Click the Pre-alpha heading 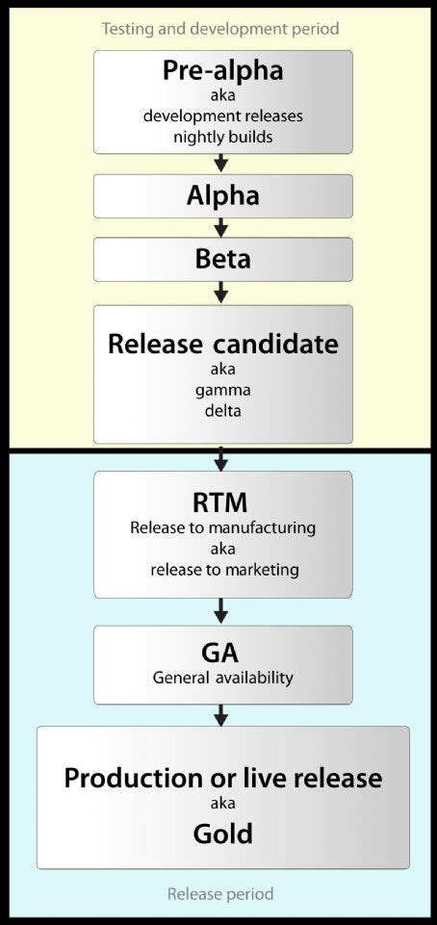[x=222, y=73]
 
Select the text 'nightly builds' [x=222, y=136]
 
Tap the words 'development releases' [x=222, y=116]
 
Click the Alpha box [x=222, y=196]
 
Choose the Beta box [x=222, y=259]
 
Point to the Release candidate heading [x=222, y=344]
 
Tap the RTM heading [x=222, y=502]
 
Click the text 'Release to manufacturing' [x=222, y=527]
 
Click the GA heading [x=222, y=653]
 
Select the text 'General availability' [x=222, y=678]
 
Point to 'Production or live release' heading [x=222, y=778]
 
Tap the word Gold [x=222, y=833]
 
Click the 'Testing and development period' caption [x=220, y=29]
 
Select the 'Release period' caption [x=220, y=894]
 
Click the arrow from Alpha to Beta [x=221, y=228]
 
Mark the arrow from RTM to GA [x=221, y=611]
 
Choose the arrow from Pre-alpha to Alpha [x=221, y=164]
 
